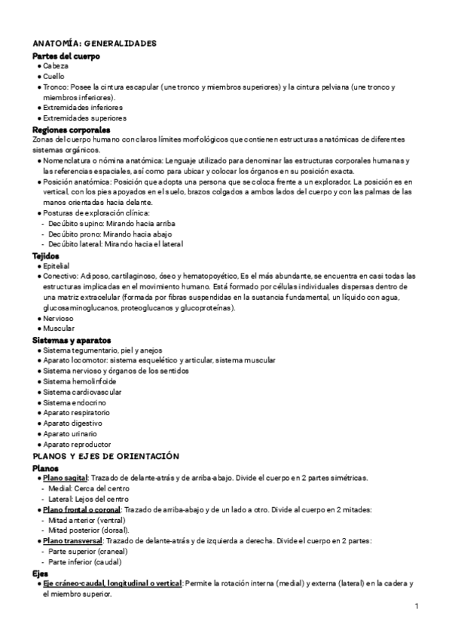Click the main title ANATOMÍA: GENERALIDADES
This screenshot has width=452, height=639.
[94, 44]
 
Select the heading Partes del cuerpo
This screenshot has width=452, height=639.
[66, 56]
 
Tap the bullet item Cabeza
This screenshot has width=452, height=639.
[56, 66]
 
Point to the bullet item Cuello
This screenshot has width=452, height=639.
[54, 77]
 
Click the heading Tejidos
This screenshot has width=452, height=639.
[47, 255]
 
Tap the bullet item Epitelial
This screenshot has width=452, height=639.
[56, 266]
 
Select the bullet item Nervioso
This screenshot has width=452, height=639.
[58, 318]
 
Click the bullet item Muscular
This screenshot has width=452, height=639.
[58, 329]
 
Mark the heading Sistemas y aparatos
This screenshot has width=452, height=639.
[72, 340]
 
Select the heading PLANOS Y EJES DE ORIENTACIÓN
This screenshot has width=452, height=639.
[105, 456]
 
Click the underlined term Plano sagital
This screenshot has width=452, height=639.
[66, 478]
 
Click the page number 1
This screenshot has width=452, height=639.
[417, 607]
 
